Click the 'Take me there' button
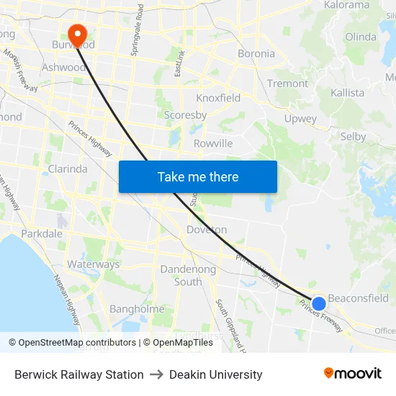198,176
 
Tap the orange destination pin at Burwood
76,34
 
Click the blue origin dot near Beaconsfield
318,303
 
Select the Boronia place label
256,53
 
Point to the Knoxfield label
218,98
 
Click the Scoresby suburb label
185,115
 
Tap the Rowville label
213,143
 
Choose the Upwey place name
300,119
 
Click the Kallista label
347,93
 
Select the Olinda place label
361,37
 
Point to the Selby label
353,136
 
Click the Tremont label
287,84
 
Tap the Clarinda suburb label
68,169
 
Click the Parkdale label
42,234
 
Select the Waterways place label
94,264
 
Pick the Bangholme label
138,309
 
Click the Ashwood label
64,67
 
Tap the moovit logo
353,373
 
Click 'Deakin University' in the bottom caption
215,374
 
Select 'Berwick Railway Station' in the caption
79,374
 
